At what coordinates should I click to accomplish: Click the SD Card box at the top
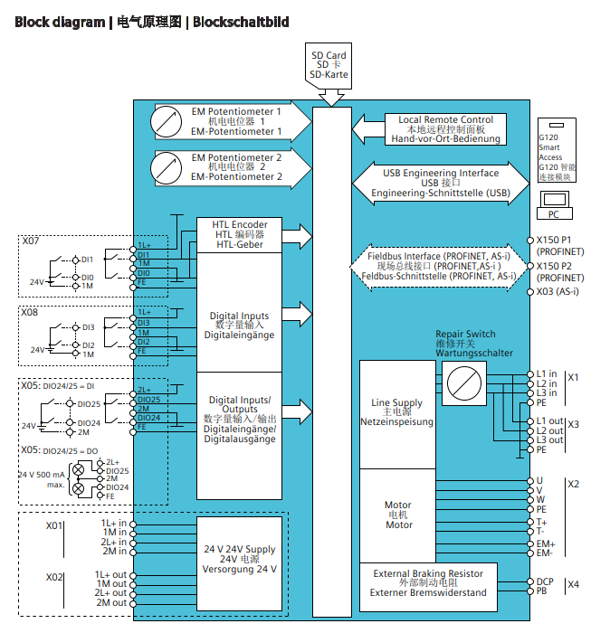pos(329,66)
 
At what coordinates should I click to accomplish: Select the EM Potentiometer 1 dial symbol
pos(168,120)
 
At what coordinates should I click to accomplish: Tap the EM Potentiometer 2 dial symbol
pos(168,167)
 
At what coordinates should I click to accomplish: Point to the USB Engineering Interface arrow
pos(440,183)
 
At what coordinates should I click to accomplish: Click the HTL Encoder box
pos(240,234)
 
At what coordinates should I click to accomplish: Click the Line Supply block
pos(397,412)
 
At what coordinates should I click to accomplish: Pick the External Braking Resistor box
pos(428,583)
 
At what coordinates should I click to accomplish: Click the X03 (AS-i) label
pos(557,292)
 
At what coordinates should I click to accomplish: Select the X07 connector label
pos(31,241)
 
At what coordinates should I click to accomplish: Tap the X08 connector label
pos(31,311)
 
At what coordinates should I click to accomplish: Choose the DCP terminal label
pos(546,581)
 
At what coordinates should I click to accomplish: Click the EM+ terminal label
pos(546,543)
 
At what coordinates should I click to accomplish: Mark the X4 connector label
pos(573,585)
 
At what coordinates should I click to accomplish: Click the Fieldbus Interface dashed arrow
pos(440,268)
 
